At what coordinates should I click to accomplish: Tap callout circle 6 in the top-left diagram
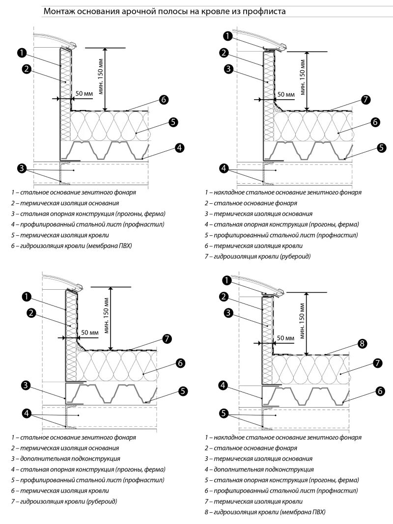[164, 99]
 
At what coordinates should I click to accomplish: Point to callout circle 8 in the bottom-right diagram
[363, 343]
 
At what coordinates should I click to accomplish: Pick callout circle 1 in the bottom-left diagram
[27, 296]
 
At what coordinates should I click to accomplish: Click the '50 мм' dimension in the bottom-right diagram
[286, 338]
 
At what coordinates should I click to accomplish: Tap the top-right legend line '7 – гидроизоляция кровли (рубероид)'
[258, 256]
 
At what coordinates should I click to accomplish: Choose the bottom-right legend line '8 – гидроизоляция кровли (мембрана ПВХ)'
[265, 512]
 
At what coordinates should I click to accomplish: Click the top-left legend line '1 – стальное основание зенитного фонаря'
[74, 192]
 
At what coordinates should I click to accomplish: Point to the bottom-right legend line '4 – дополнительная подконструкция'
[259, 469]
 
